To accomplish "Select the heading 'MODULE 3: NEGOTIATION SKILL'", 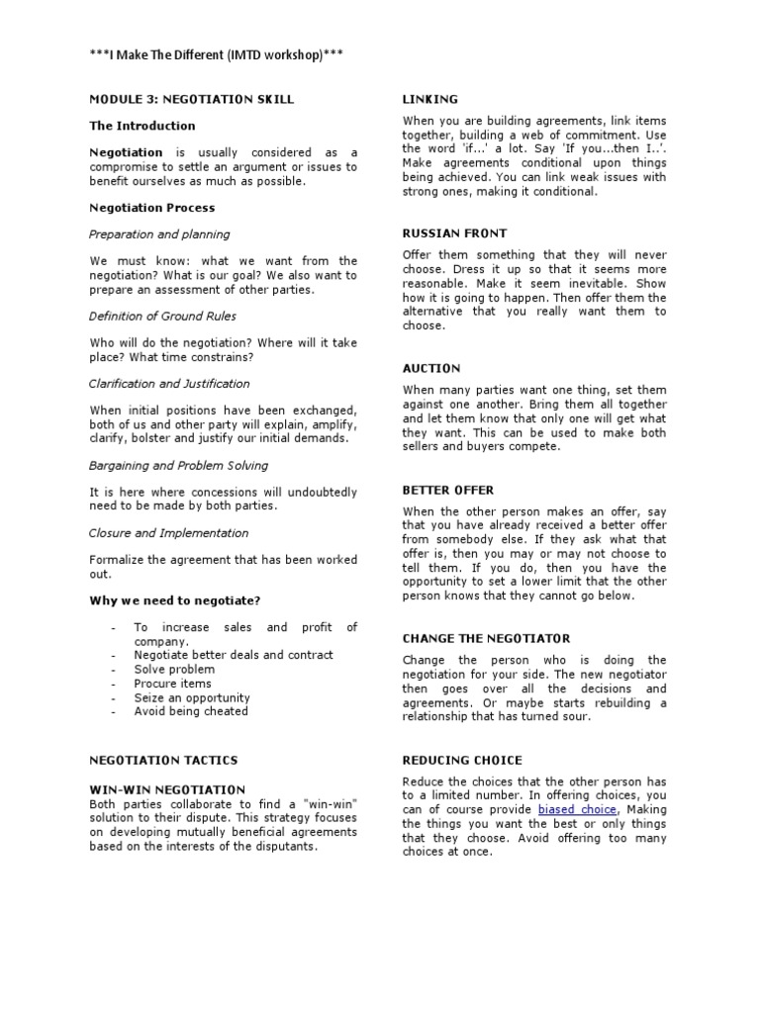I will (x=191, y=99).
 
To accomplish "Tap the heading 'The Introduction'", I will (x=142, y=126).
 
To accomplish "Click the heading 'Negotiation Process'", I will (x=151, y=208).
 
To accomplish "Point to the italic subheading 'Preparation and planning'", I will (x=158, y=234).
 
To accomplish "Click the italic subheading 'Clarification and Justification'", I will (x=169, y=383).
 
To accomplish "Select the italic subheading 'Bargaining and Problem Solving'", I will (x=178, y=465).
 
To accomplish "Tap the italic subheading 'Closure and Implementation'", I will (x=168, y=532).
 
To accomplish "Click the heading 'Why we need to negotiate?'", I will (x=175, y=600).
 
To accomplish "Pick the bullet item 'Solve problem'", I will (x=173, y=669).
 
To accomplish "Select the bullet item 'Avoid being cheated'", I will (x=191, y=710).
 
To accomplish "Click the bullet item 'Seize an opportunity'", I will (x=192, y=696).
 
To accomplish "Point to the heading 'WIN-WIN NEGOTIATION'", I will (x=167, y=789).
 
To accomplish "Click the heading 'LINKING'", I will (x=430, y=99).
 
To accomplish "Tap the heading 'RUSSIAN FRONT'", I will (x=454, y=233).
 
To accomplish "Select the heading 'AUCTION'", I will (x=431, y=368).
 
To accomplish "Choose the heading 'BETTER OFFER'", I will (x=448, y=490).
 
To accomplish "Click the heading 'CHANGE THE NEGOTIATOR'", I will (x=485, y=639).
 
